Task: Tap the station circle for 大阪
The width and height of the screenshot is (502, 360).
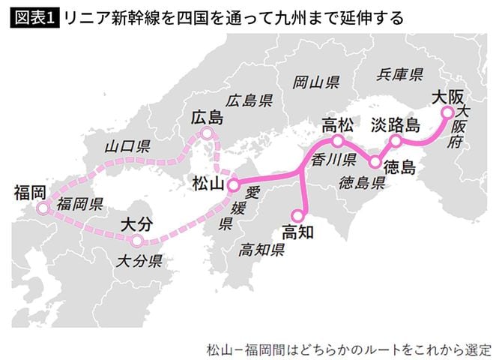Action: coord(447,112)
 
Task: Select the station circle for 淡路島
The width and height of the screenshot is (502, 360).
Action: coord(396,140)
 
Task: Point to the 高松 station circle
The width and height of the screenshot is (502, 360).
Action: coord(338,140)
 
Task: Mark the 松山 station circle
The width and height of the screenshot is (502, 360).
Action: coord(233,183)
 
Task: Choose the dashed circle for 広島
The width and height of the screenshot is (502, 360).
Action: coord(207,133)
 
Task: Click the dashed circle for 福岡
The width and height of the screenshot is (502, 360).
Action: coord(43,208)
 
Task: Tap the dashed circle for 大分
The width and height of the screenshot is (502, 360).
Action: coord(136,241)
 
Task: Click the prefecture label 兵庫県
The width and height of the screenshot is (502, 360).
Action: coord(400,73)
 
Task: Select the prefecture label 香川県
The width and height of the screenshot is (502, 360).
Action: coord(333,159)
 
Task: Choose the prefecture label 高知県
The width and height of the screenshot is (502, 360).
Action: coord(261,249)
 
